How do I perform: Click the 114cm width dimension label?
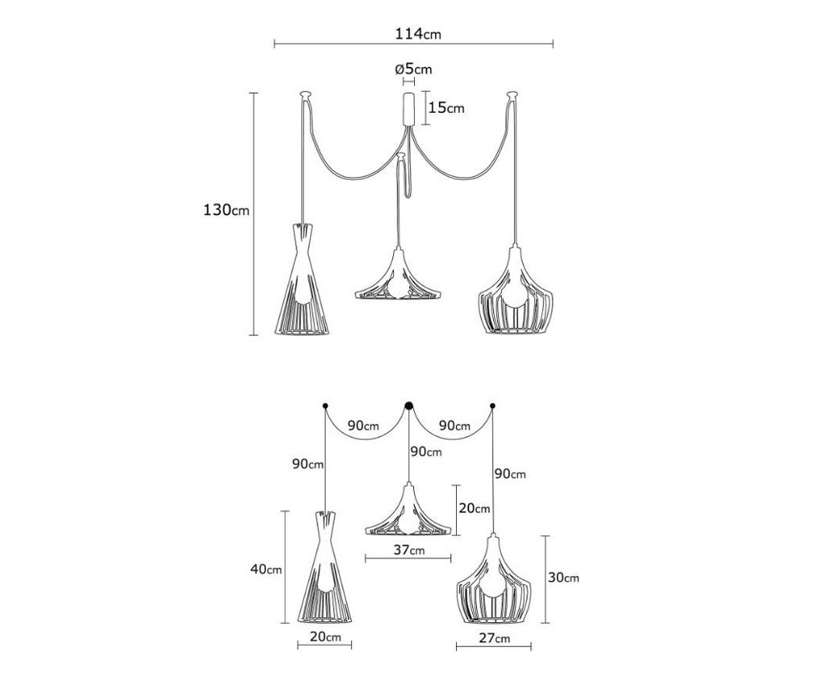point(418,34)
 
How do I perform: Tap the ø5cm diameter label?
point(413,69)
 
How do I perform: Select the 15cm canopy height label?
point(446,108)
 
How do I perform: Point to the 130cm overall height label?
point(226,210)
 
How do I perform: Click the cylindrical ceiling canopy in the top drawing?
point(408,109)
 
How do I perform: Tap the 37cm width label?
point(408,550)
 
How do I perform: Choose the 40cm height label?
point(266,569)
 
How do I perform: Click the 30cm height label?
point(563,577)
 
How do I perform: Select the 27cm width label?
point(494,638)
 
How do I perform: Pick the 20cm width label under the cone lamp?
point(325,637)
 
